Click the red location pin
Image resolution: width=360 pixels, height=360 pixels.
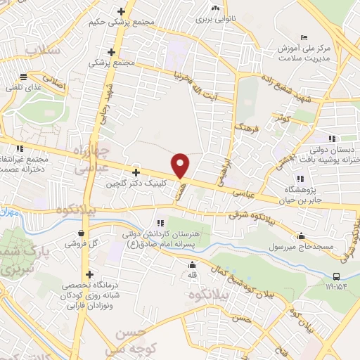(181, 165)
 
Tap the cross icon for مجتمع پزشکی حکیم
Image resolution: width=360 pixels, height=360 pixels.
(122, 11)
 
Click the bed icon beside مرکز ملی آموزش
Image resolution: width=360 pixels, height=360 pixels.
(303, 37)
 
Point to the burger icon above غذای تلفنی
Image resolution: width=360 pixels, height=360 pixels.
(24, 77)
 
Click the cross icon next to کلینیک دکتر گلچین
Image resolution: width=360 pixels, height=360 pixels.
(136, 172)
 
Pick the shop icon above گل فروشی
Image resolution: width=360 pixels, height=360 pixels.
(82, 233)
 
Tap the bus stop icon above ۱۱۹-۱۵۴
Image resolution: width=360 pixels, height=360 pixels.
(336, 276)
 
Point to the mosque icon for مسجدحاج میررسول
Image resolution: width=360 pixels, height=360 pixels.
(302, 236)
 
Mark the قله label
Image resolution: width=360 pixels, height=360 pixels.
(191, 276)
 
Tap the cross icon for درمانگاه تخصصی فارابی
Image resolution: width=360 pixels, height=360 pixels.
(89, 274)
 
